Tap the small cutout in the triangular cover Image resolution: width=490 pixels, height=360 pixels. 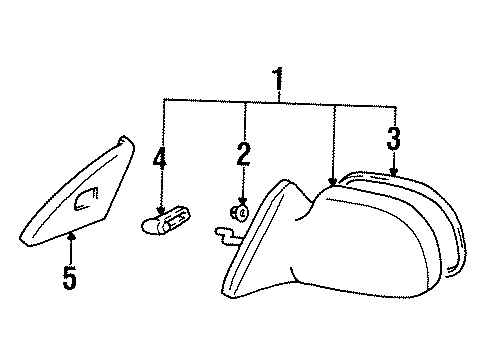click(86, 203)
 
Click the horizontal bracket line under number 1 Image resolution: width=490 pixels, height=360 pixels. click(280, 100)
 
